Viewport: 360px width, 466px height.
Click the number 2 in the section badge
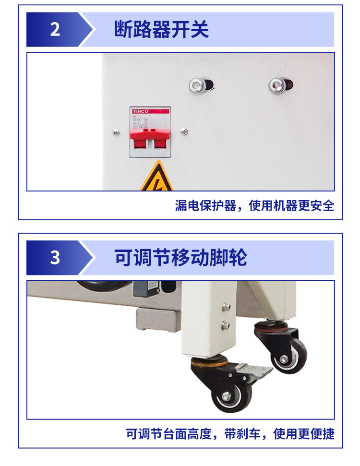point(55,29)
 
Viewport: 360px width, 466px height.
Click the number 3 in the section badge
point(55,258)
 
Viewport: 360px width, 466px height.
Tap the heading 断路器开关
point(161,29)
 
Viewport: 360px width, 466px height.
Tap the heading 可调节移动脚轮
point(180,258)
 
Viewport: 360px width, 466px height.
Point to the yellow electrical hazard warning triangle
point(156,179)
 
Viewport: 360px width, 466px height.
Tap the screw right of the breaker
point(183,132)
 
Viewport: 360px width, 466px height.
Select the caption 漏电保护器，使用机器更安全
point(254,206)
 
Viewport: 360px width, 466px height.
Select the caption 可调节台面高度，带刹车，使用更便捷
point(230,434)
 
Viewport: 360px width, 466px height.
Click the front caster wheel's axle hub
point(225,398)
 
